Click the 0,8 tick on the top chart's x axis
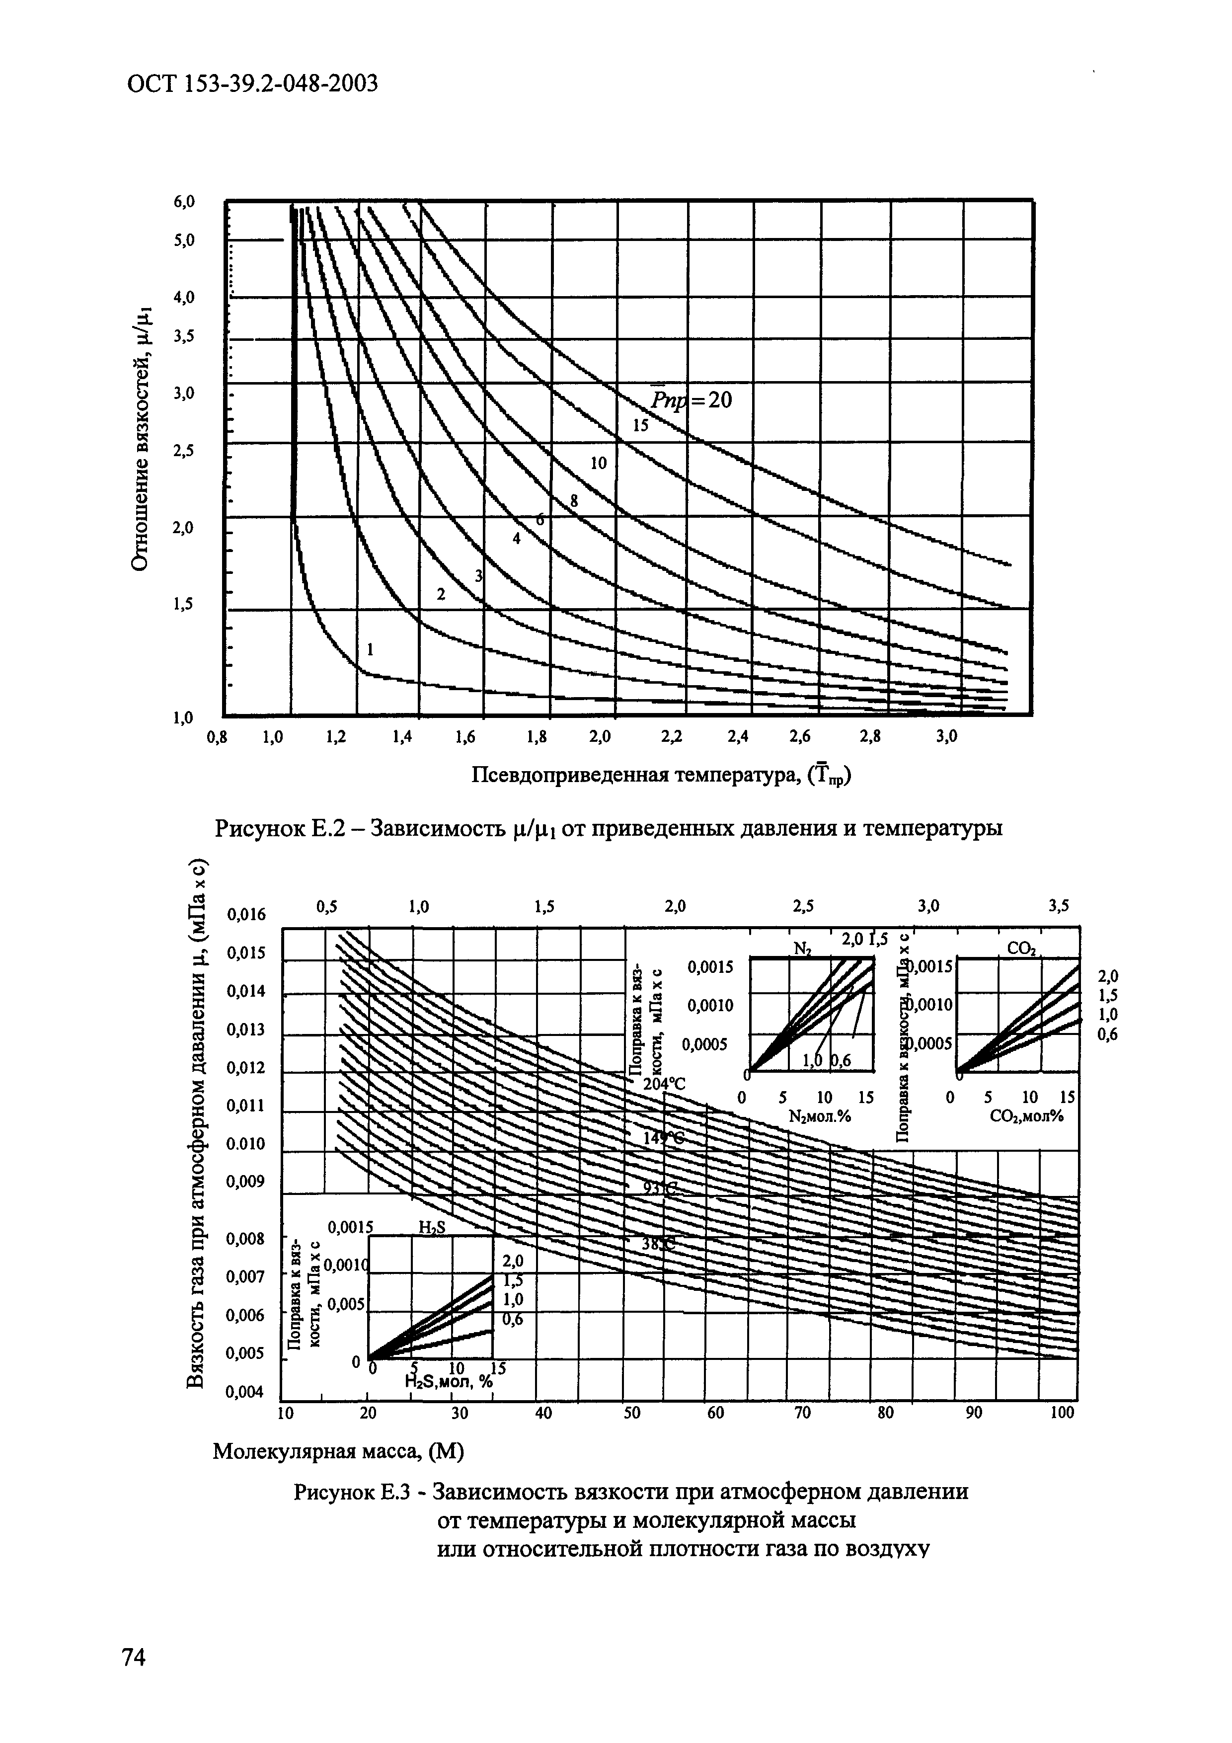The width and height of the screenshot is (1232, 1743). coord(217,736)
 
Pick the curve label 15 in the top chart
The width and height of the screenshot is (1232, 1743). coord(641,426)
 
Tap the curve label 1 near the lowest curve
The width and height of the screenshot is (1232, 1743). coord(371,649)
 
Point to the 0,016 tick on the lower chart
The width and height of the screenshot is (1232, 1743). coord(247,915)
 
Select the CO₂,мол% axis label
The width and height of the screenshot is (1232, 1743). coord(1025,1117)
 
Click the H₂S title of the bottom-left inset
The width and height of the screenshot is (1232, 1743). coord(432,1228)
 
